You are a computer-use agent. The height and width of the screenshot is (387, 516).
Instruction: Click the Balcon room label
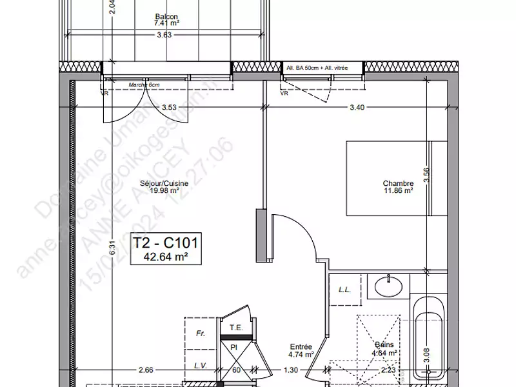pyautogui.click(x=166, y=17)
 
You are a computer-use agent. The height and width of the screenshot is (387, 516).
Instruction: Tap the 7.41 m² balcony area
pyautogui.click(x=166, y=24)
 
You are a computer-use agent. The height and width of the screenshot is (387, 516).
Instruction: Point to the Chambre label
pyautogui.click(x=398, y=184)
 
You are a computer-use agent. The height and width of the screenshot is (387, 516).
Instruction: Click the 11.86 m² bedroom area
pyautogui.click(x=398, y=192)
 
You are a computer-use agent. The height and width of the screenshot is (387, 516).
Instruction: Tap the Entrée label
pyautogui.click(x=301, y=346)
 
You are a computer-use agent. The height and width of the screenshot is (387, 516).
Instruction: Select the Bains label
pyautogui.click(x=385, y=345)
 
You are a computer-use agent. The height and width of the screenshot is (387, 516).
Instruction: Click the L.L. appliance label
pyautogui.click(x=344, y=290)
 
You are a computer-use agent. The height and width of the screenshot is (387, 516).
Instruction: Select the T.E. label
pyautogui.click(x=236, y=328)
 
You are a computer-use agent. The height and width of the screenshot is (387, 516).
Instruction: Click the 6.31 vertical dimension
pyautogui.click(x=111, y=249)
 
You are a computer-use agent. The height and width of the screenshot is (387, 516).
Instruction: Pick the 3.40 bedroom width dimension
pyautogui.click(x=357, y=107)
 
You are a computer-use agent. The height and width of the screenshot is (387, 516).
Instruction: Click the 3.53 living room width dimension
pyautogui.click(x=170, y=107)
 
